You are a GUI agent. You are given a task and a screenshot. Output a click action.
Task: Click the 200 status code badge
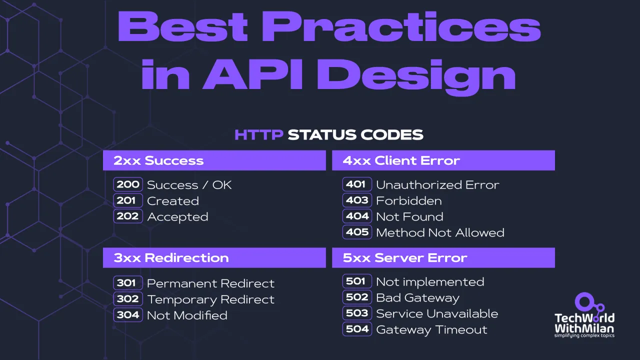[128, 184]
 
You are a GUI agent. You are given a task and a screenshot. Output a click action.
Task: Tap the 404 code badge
[357, 216]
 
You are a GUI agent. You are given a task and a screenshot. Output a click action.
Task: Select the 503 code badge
[357, 313]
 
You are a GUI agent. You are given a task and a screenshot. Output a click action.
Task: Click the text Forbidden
[408, 201]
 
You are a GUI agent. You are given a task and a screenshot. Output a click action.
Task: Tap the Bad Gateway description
[417, 298]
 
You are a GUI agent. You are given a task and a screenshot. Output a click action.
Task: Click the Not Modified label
[187, 315]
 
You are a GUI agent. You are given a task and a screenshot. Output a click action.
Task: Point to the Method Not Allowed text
[440, 232]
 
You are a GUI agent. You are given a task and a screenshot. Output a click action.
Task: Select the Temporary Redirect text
[210, 299]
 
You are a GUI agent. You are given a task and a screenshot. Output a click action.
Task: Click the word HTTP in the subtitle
[259, 134]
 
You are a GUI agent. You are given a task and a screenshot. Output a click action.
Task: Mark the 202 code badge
[128, 216]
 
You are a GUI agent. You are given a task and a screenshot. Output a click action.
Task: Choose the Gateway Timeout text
[431, 330]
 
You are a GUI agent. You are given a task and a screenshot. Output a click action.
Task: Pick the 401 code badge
[357, 184]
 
